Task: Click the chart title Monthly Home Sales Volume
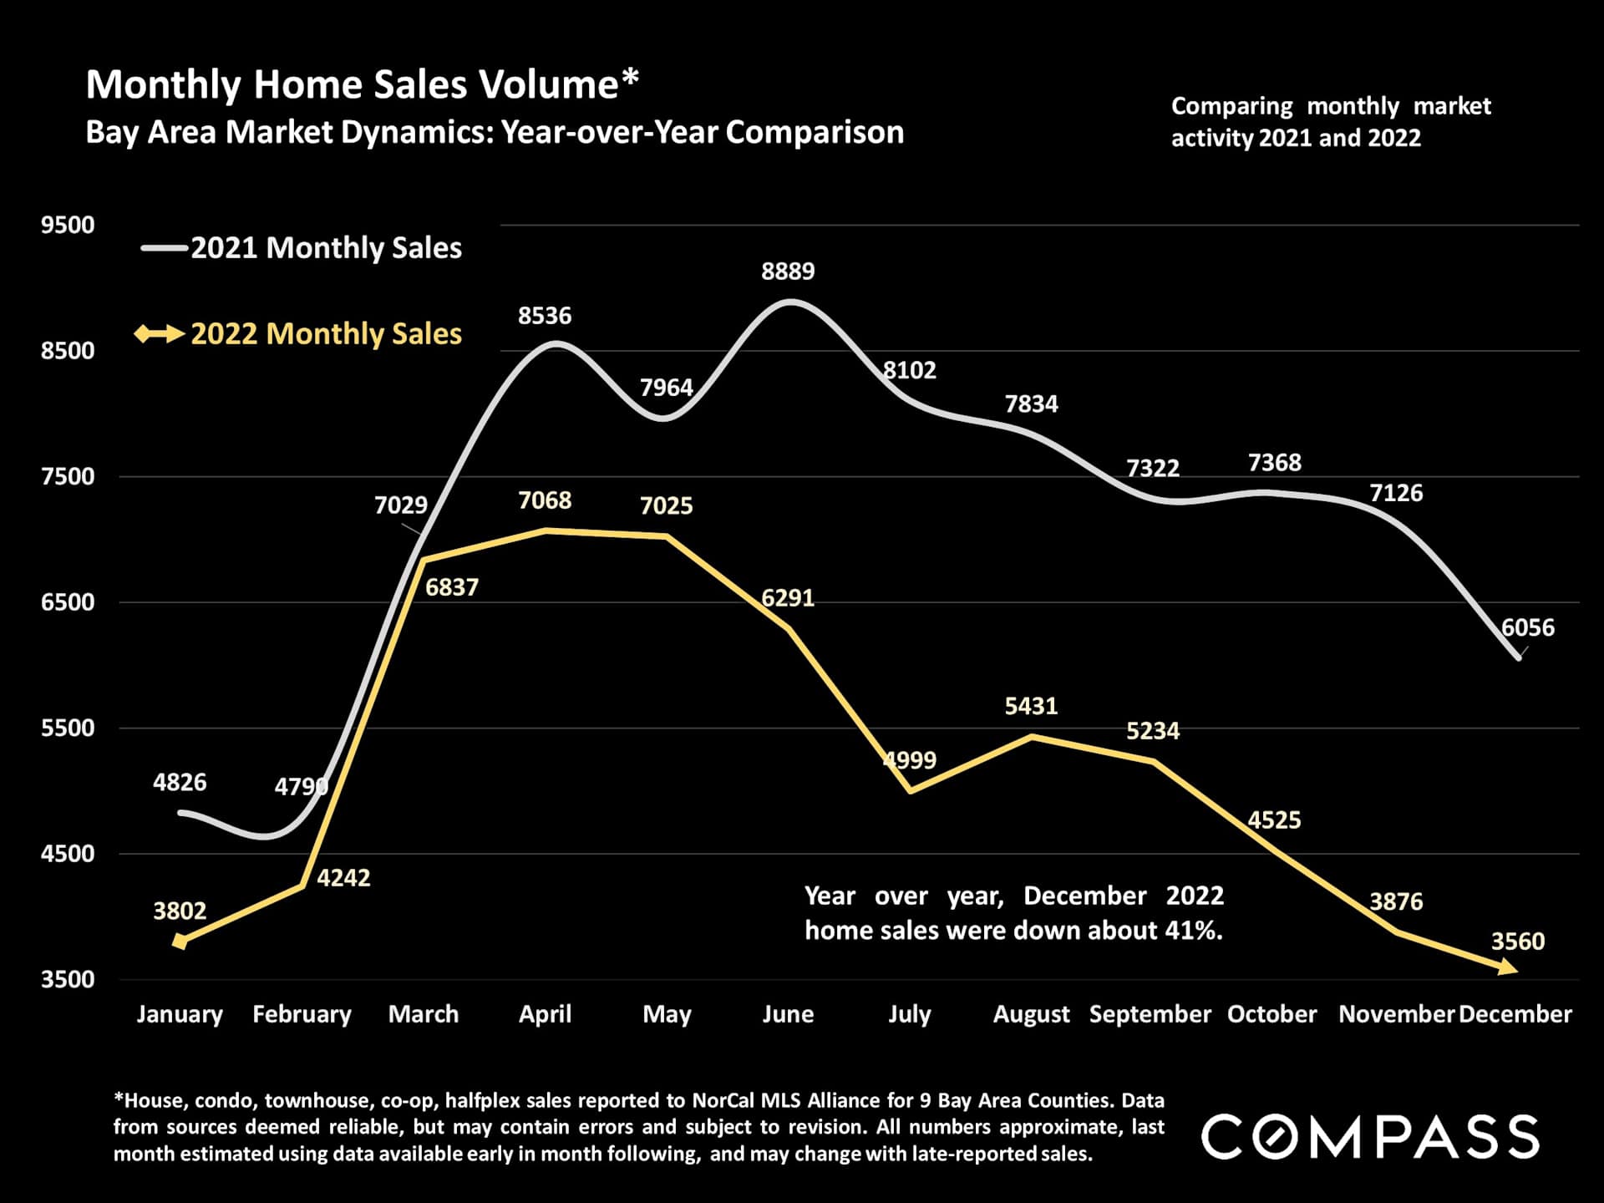(x=362, y=84)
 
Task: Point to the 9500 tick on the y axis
(x=68, y=225)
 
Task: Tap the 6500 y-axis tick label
(x=68, y=601)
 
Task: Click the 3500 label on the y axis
(x=68, y=979)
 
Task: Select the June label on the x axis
(x=788, y=1014)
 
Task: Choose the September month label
(x=1150, y=1014)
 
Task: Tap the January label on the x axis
(x=180, y=1014)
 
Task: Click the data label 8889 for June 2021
(x=788, y=271)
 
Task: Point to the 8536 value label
(x=545, y=316)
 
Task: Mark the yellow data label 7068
(x=545, y=500)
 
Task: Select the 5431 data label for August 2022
(x=1031, y=706)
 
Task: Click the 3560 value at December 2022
(x=1518, y=942)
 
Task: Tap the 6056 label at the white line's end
(x=1528, y=627)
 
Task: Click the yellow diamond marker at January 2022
(x=180, y=942)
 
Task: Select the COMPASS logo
(x=1370, y=1136)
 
